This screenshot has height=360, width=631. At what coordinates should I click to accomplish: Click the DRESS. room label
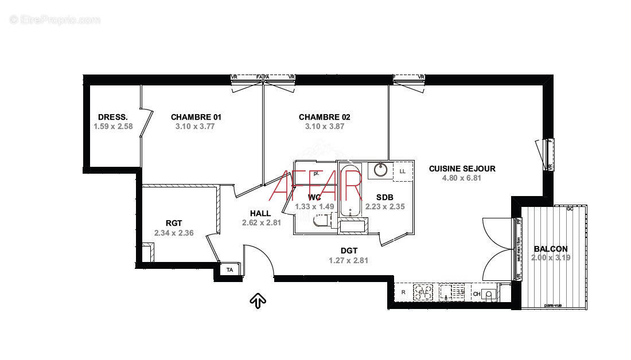tap(112, 117)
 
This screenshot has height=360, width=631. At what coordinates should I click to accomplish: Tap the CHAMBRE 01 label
tap(196, 117)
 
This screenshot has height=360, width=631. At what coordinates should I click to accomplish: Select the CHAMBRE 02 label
tap(324, 117)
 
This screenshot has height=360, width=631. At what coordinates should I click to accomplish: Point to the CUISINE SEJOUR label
tap(462, 169)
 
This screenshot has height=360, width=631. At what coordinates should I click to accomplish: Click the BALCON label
tap(550, 249)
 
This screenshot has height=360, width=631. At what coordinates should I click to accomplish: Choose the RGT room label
tap(174, 224)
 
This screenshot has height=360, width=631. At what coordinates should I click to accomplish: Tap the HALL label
tap(260, 213)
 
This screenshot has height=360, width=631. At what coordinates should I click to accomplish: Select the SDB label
tap(384, 197)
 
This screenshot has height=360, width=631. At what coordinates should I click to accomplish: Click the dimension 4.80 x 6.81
tap(461, 178)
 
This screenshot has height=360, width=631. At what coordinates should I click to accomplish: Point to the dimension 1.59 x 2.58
tap(113, 127)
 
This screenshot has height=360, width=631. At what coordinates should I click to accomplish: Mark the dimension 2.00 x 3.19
tap(550, 258)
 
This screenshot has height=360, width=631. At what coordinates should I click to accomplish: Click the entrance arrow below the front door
tap(258, 299)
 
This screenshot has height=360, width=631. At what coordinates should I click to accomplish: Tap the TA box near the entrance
tap(230, 269)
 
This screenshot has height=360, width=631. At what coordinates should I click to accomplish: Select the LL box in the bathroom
tap(403, 171)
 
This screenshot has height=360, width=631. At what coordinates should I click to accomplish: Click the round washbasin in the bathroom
tap(380, 170)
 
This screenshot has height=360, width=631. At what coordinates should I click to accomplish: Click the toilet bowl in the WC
tap(321, 220)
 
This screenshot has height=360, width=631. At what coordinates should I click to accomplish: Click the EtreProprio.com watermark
tap(55, 19)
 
